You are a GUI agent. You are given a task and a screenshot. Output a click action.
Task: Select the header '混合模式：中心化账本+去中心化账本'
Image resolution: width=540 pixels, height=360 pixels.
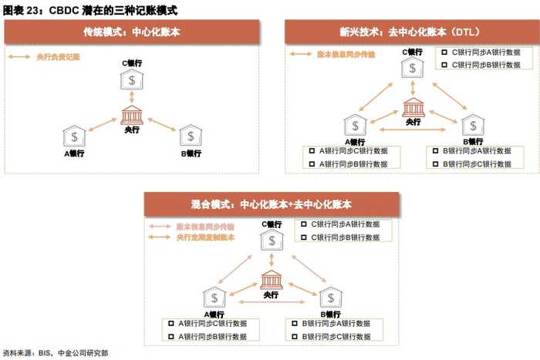(271, 205)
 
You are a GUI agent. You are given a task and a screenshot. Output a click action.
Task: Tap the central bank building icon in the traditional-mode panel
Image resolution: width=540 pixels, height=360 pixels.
(133, 116)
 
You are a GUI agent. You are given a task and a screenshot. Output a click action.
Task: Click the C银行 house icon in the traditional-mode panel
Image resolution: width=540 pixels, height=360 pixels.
(133, 80)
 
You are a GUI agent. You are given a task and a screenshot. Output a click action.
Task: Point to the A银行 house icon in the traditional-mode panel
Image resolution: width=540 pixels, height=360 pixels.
(74, 136)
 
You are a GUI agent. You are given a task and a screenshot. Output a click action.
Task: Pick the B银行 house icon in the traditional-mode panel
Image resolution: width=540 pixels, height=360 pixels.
(191, 136)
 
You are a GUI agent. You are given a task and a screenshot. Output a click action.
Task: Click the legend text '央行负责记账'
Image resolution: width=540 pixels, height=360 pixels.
(58, 57)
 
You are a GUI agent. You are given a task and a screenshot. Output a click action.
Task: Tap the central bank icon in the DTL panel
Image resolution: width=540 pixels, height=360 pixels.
(413, 107)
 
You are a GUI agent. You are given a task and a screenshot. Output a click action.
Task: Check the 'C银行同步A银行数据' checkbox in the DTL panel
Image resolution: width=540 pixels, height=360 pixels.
(444, 52)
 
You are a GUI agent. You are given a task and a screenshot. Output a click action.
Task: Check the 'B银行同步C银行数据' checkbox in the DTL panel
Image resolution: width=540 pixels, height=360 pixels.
(436, 163)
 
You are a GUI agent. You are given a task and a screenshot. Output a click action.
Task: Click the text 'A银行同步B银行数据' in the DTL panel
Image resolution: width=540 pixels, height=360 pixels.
(353, 163)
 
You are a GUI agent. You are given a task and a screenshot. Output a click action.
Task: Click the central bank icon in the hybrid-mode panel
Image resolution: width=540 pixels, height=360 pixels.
(272, 280)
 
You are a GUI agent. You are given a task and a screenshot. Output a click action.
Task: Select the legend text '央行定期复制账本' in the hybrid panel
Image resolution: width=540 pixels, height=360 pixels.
(204, 237)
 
